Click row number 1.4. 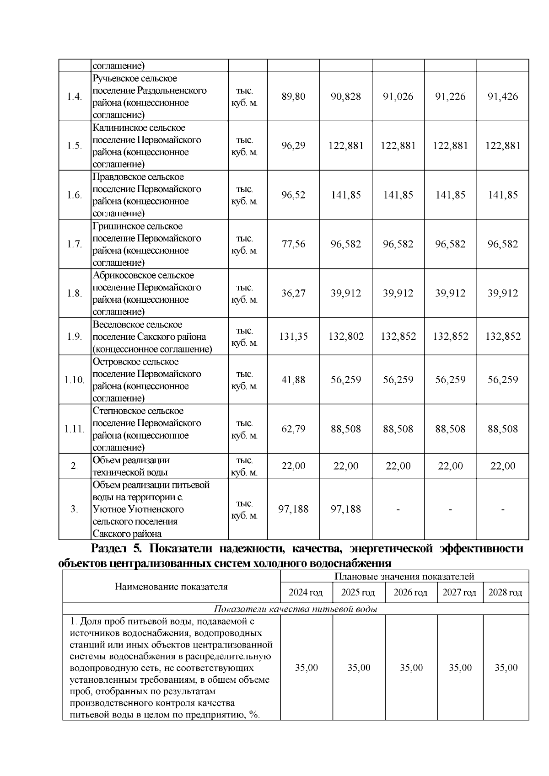pyautogui.click(x=74, y=97)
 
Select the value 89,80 pyautogui.click(x=293, y=96)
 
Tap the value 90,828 pyautogui.click(x=346, y=96)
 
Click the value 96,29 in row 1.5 pyautogui.click(x=293, y=146)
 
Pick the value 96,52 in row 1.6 pyautogui.click(x=293, y=195)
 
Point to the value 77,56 pyautogui.click(x=293, y=244)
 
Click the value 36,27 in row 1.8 pyautogui.click(x=293, y=294)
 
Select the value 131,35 pyautogui.click(x=293, y=337)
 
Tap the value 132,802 pyautogui.click(x=346, y=337)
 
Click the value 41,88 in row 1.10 pyautogui.click(x=293, y=380)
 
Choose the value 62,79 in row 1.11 pyautogui.click(x=293, y=429)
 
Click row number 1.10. pyautogui.click(x=74, y=380)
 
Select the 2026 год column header pyautogui.click(x=410, y=593)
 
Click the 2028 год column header pyautogui.click(x=505, y=593)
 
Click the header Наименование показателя pyautogui.click(x=171, y=587)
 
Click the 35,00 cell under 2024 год pyautogui.click(x=306, y=668)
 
